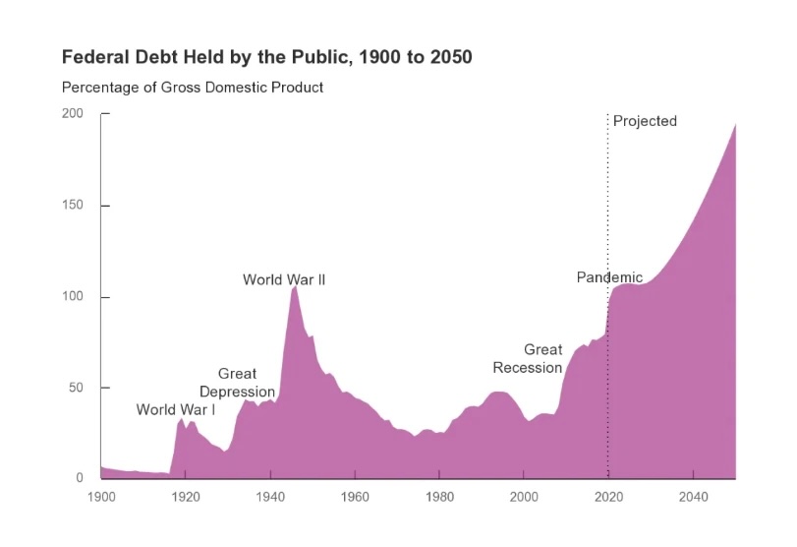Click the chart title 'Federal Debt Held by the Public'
tap(266, 58)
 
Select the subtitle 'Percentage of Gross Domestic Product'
tap(193, 88)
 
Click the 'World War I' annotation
tap(175, 410)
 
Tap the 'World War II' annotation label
tap(284, 280)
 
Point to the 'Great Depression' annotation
tap(237, 383)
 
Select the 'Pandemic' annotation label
tap(609, 277)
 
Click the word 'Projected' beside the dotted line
tap(645, 121)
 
